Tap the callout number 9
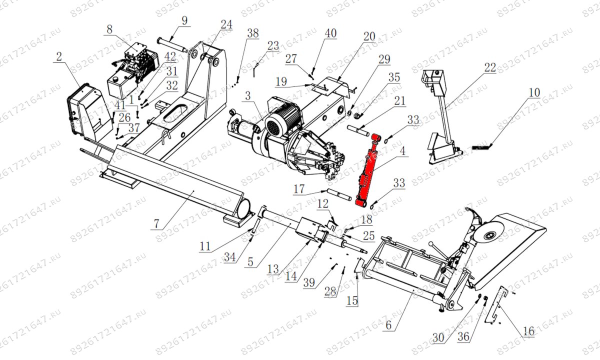tap(184, 21)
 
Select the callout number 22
tap(490, 67)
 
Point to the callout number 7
tap(156, 223)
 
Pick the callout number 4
tap(402, 151)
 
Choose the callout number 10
tap(534, 92)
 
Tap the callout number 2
tap(59, 56)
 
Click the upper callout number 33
tap(413, 120)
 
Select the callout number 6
tap(388, 325)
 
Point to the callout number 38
tap(253, 33)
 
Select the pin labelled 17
tap(338, 194)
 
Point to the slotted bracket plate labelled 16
tap(496, 304)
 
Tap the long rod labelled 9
tap(172, 45)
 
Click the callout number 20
tap(369, 36)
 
